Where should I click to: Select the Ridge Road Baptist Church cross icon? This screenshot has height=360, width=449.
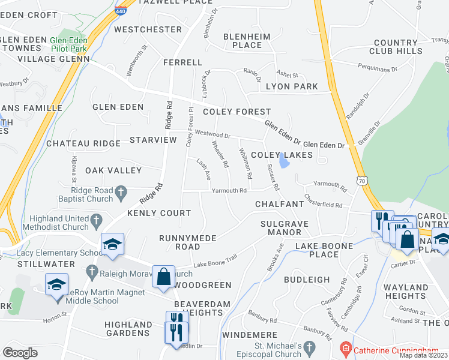[121, 193]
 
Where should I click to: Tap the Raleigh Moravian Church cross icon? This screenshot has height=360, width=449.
[92, 271]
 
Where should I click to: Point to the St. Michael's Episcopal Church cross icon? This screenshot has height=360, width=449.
[309, 347]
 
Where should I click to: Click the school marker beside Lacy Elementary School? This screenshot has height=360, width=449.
[112, 245]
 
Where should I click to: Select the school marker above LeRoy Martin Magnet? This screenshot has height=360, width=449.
[56, 284]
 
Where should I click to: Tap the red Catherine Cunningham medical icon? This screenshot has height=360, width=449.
[345, 348]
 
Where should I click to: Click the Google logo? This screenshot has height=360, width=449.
[20, 353]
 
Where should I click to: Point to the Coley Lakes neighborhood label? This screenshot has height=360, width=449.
[282, 155]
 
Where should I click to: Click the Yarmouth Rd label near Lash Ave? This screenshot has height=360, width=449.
[230, 191]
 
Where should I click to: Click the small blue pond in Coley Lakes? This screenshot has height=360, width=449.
[282, 163]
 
